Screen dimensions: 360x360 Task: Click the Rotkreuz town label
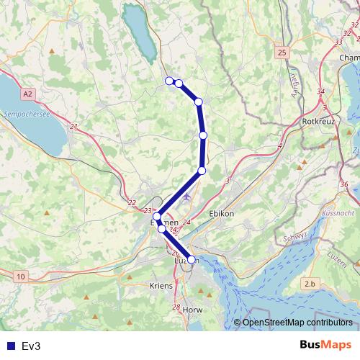point(316,122)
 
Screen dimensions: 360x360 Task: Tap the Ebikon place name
point(222,214)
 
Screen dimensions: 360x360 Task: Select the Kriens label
point(160,286)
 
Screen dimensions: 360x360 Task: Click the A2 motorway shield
point(27,94)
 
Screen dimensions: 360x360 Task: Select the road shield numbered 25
point(282,53)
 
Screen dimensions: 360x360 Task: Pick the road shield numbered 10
point(20,276)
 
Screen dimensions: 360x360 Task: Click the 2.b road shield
point(310,284)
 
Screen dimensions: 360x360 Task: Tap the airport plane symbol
point(188,196)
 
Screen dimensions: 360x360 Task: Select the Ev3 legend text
point(31,346)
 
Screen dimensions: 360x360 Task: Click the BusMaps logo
point(325,345)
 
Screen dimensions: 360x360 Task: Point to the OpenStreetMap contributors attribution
point(297,322)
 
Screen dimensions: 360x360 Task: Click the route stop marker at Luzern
point(192,259)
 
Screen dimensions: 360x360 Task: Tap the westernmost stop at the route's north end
point(169,81)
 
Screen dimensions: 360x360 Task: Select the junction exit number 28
point(176,307)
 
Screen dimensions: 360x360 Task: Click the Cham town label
point(348,58)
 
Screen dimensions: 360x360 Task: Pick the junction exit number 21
point(73,127)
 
